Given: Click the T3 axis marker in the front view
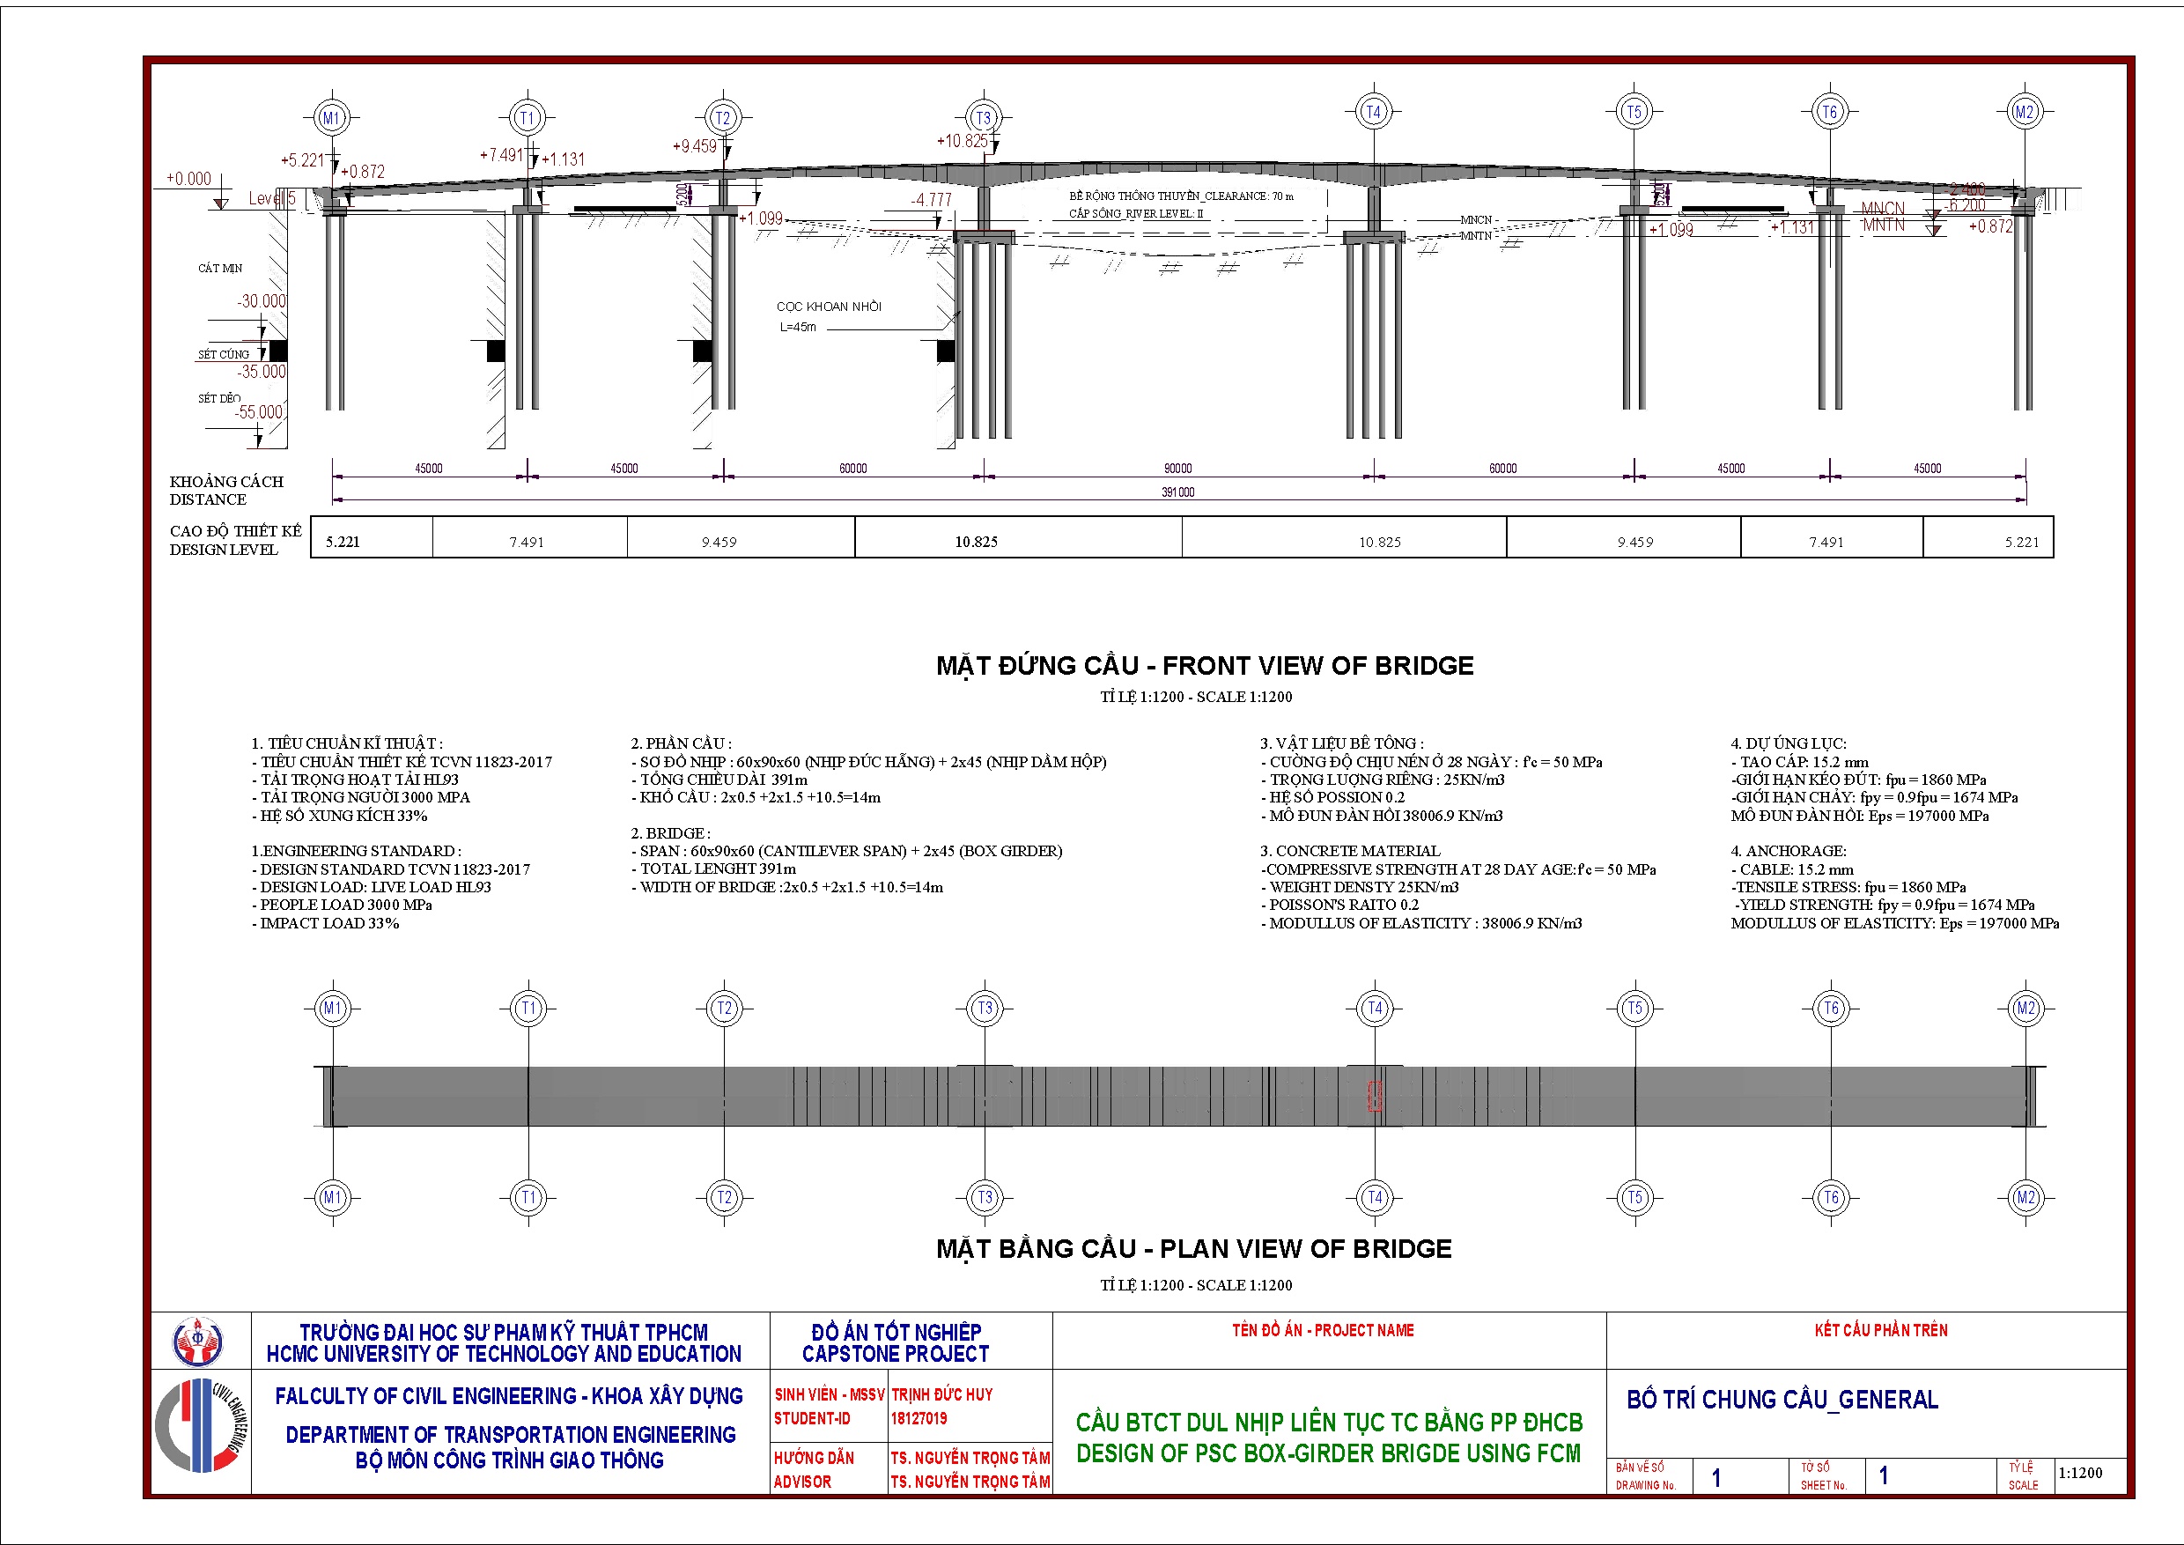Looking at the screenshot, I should [x=984, y=118].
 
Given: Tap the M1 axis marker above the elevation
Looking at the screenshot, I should [x=331, y=118].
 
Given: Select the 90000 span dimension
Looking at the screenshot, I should [x=1177, y=468].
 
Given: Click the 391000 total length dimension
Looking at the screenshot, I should [x=1177, y=492].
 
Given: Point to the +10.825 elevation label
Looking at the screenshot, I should [x=962, y=141].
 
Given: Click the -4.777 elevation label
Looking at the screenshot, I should [x=930, y=200].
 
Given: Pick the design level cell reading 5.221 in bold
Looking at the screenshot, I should [x=343, y=543].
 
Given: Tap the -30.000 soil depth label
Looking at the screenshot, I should [x=261, y=301].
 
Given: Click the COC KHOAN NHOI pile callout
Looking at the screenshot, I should [x=829, y=307].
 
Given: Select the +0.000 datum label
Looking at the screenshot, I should [x=188, y=179].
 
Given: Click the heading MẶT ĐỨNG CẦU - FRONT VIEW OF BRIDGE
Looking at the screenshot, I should [x=1204, y=666].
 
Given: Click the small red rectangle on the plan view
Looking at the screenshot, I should [x=1374, y=1096].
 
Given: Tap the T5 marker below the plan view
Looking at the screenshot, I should [x=1634, y=1198].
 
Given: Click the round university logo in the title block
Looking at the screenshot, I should [x=197, y=1342].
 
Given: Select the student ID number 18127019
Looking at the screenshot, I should [x=919, y=1418].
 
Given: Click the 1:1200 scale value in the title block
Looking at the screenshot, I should [x=2080, y=1474].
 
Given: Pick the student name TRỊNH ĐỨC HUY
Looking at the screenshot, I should [x=941, y=1394].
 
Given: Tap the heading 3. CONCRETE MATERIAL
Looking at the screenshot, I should [x=1350, y=851].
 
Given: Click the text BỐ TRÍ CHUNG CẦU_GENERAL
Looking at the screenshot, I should [x=1782, y=1401].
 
